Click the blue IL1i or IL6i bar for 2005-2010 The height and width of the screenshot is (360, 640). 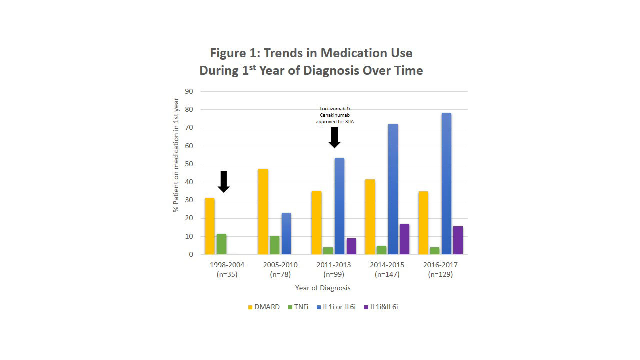pyautogui.click(x=286, y=233)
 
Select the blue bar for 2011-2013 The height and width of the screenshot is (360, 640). pyautogui.click(x=339, y=206)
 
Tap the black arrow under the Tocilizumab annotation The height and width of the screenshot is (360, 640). pyautogui.click(x=334, y=137)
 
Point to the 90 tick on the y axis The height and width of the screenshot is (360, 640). pyautogui.click(x=189, y=91)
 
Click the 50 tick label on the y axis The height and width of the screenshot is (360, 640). pyautogui.click(x=189, y=164)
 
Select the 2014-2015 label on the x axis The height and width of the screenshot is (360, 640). pyautogui.click(x=387, y=265)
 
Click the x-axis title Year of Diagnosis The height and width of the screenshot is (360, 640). pyautogui.click(x=323, y=288)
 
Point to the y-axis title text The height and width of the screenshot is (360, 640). pyautogui.click(x=176, y=155)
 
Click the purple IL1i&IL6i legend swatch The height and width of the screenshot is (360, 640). pyautogui.click(x=366, y=307)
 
